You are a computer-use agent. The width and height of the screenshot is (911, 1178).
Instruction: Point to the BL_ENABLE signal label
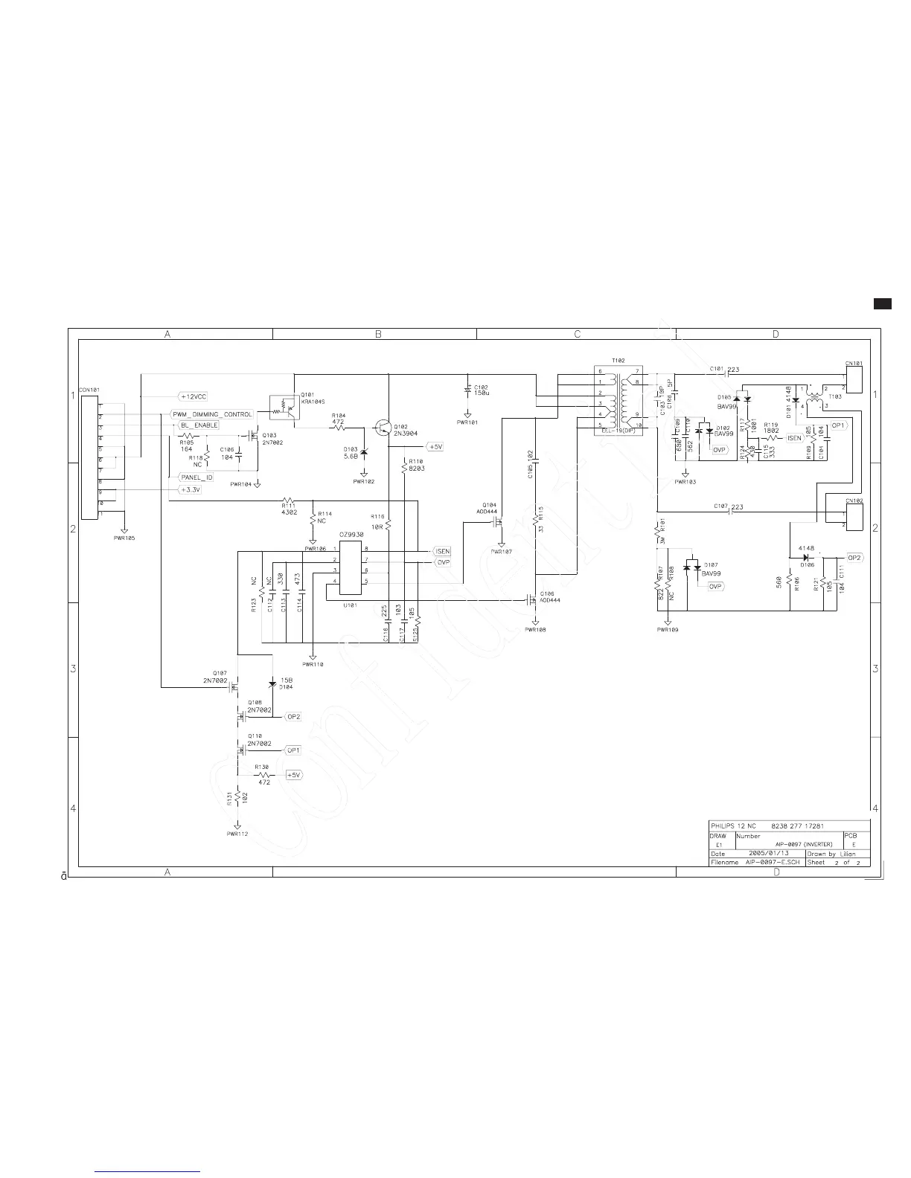pyautogui.click(x=199, y=425)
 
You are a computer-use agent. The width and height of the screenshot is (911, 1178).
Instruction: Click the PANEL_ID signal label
pyautogui.click(x=196, y=477)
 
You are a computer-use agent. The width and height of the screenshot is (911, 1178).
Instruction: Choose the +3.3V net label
pyautogui.click(x=191, y=489)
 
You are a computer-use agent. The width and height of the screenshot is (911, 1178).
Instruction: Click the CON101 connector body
pyautogui.click(x=90, y=458)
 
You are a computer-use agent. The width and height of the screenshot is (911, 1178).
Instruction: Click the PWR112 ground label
pyautogui.click(x=237, y=834)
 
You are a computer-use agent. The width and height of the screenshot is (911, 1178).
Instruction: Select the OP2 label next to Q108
pyautogui.click(x=293, y=716)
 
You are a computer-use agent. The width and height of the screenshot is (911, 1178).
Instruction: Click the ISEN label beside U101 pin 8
pyautogui.click(x=442, y=551)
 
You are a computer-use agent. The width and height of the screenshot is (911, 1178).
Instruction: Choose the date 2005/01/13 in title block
pyautogui.click(x=769, y=853)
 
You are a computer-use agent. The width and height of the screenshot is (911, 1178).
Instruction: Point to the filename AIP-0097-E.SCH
pyautogui.click(x=772, y=862)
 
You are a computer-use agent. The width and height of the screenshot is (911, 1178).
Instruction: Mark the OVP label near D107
pyautogui.click(x=715, y=587)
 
